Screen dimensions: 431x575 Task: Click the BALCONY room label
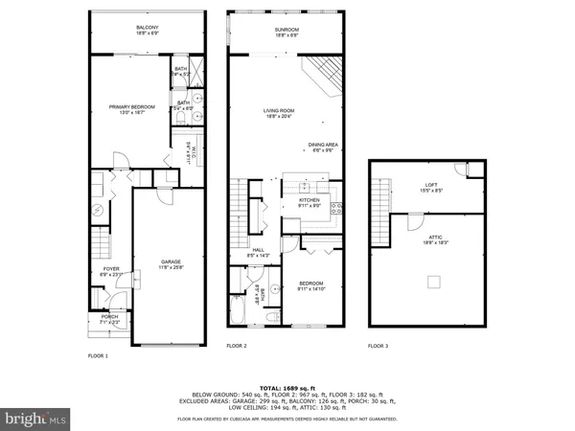pos(148,29)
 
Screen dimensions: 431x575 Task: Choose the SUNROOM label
pos(287,29)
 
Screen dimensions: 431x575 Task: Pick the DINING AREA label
pos(321,146)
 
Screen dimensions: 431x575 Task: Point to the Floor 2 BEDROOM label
pos(311,284)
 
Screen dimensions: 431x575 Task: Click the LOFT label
pos(431,185)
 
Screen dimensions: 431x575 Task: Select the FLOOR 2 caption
pos(237,346)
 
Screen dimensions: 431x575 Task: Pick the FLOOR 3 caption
pos(379,346)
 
